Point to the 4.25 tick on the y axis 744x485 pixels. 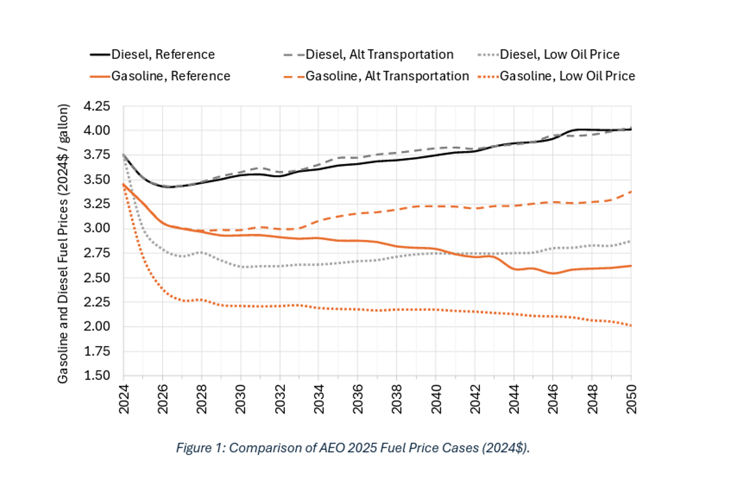coord(97,106)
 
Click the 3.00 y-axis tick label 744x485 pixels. coord(97,228)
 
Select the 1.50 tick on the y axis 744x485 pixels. coord(97,375)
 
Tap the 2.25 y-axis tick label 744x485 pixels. coord(97,302)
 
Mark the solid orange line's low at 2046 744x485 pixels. coord(553,273)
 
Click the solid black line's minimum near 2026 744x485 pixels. coord(167,187)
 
